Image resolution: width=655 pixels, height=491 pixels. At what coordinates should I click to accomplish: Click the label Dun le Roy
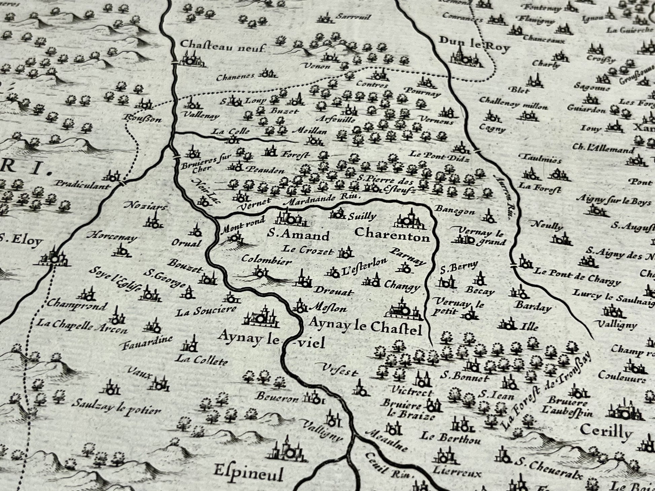point(474,45)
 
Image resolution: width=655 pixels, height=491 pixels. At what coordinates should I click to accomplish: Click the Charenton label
point(392,235)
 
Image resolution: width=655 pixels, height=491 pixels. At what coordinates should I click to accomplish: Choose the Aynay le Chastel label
point(365,327)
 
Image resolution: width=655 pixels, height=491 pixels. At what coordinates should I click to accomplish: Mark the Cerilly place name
point(606,431)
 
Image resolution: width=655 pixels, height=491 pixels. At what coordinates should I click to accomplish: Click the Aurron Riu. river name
point(504,195)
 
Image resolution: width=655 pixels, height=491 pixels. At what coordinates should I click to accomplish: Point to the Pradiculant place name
point(82,185)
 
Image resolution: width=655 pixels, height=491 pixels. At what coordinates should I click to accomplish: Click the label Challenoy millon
point(513,103)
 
